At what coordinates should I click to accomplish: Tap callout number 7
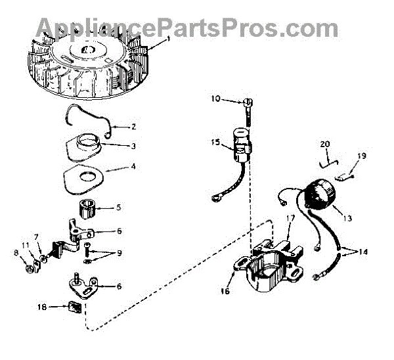click(x=37, y=236)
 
